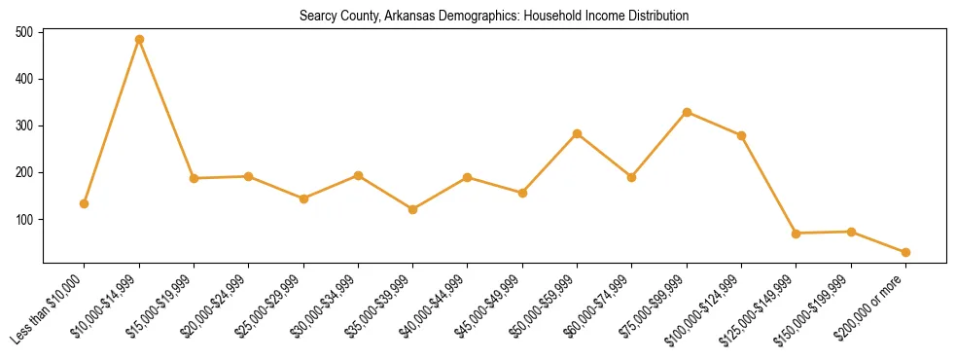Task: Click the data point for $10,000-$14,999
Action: pyautogui.click(x=139, y=40)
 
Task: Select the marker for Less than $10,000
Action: pyautogui.click(x=85, y=203)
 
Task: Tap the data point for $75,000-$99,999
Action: pyautogui.click(x=687, y=112)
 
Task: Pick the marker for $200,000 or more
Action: pyautogui.click(x=905, y=252)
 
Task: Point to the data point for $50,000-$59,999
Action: pyautogui.click(x=577, y=133)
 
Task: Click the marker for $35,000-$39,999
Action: pyautogui.click(x=412, y=209)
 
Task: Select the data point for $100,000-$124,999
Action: pyautogui.click(x=741, y=135)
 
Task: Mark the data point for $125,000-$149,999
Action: pyautogui.click(x=796, y=234)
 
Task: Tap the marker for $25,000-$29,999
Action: pyautogui.click(x=303, y=198)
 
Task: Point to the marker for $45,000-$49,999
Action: pyautogui.click(x=522, y=193)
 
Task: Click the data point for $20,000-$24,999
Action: pyautogui.click(x=248, y=176)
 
